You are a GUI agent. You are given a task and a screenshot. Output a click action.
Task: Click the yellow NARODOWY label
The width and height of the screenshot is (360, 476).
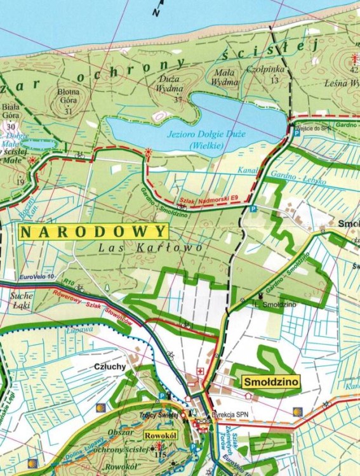click(94, 231)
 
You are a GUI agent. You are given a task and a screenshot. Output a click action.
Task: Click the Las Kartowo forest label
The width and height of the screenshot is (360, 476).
click(150, 247)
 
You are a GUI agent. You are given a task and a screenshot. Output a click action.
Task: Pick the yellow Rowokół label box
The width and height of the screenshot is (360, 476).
click(159, 436)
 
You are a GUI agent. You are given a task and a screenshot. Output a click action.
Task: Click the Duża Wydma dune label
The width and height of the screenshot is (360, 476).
click(169, 84)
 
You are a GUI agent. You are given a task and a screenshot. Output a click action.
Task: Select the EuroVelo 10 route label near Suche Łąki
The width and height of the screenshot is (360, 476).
click(37, 277)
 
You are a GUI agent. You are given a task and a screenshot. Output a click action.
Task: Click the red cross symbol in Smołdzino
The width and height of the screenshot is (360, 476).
click(201, 371)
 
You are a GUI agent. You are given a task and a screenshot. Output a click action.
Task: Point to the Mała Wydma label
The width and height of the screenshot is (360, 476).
click(224, 77)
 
